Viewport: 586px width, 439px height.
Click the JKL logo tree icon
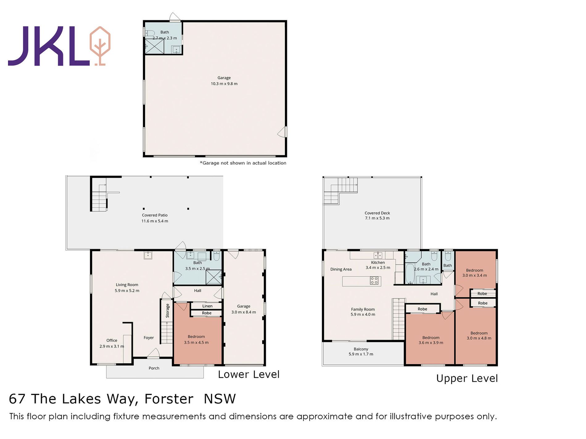(100, 46)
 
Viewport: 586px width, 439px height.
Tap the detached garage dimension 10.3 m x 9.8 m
(224, 84)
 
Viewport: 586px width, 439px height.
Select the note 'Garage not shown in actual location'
(243, 163)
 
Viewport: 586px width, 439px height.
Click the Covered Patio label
(155, 215)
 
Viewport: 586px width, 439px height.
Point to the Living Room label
(127, 285)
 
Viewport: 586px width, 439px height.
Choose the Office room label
(112, 340)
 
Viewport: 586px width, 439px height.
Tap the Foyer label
(149, 338)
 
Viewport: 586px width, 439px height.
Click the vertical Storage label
(168, 311)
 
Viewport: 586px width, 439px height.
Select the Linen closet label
(207, 306)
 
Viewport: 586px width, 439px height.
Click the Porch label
(154, 368)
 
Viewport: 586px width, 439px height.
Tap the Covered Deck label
(377, 213)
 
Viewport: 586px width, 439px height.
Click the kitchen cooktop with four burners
(374, 280)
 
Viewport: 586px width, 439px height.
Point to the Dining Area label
(341, 269)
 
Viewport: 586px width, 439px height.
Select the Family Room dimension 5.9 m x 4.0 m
(363, 315)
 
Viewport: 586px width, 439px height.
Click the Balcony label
(361, 349)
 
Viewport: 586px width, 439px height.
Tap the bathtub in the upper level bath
(410, 274)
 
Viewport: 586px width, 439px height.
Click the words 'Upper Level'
(467, 378)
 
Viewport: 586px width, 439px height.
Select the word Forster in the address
(169, 399)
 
